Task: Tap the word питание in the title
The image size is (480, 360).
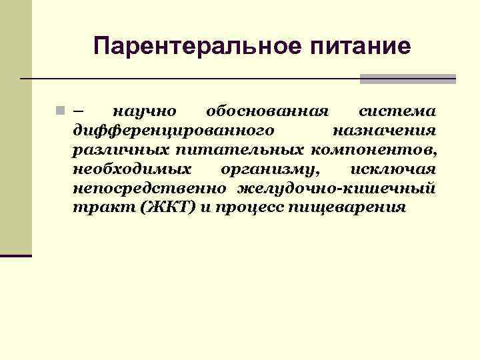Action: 362,46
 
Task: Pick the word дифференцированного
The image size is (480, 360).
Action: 172,129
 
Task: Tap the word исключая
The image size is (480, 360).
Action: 393,167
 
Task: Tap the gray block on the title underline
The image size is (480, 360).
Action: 408,79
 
